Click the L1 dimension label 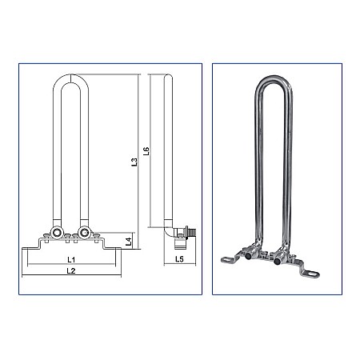click(x=70, y=260)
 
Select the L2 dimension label click(x=70, y=272)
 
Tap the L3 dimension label click(x=134, y=162)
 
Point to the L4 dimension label click(x=129, y=240)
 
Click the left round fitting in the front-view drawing click(x=57, y=234)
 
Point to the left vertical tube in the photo click(x=261, y=160)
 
